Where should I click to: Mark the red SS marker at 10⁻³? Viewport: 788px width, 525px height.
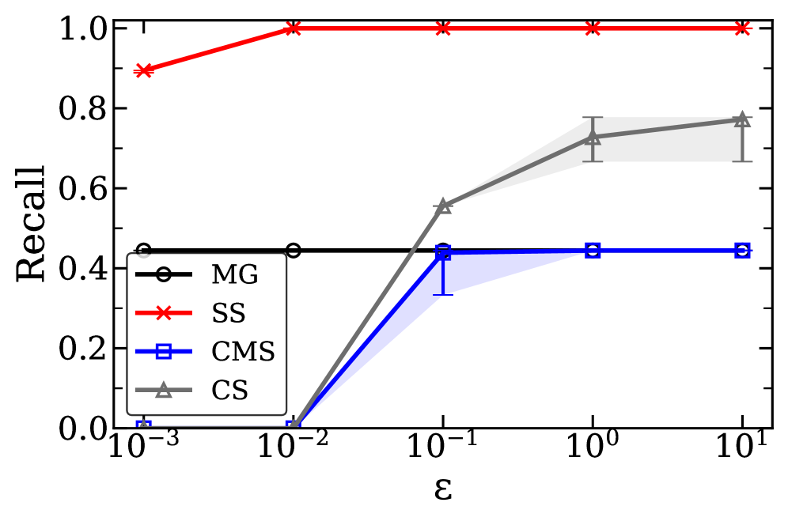pos(143,70)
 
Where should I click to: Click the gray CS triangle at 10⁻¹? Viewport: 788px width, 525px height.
pos(443,206)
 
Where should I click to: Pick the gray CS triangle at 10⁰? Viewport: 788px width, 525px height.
pos(593,138)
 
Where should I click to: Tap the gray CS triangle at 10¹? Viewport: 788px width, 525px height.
pos(742,119)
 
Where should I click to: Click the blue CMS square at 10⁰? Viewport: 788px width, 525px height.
pos(593,251)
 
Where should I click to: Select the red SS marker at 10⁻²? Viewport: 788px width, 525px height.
pos(294,28)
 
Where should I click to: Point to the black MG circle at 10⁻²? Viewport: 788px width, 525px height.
pos(294,251)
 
